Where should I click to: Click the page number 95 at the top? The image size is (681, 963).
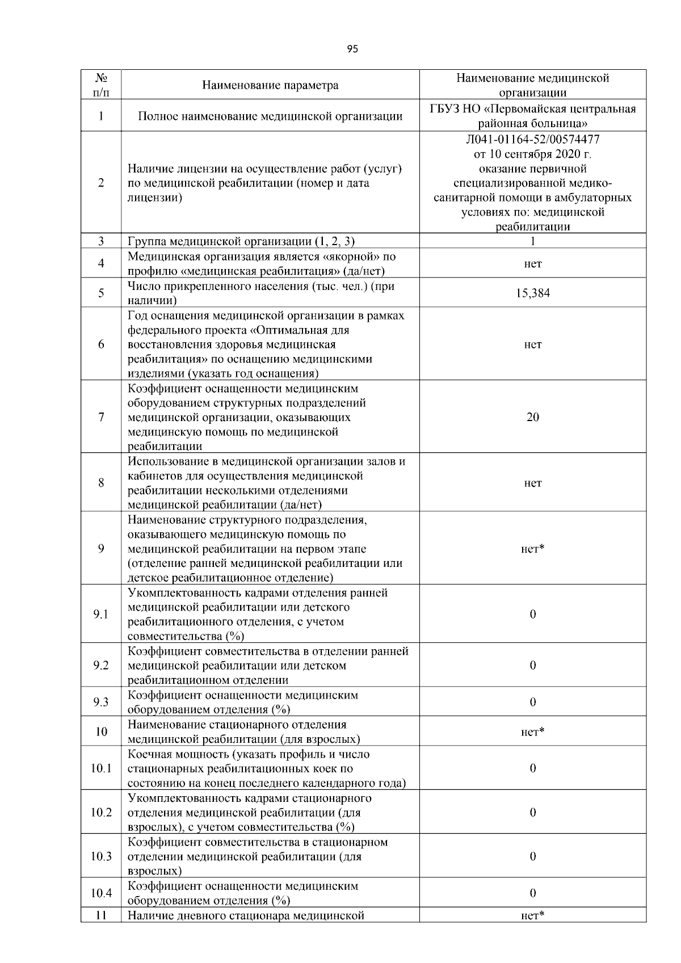coord(352,49)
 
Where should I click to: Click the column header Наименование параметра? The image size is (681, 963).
coord(270,86)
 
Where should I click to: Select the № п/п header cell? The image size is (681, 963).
coord(101,85)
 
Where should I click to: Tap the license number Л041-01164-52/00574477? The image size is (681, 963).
coord(532,139)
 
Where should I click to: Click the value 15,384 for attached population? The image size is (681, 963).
coord(532,293)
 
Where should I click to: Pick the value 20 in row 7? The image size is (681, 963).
coord(532,418)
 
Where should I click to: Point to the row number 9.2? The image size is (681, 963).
coord(101,666)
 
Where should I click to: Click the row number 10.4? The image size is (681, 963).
coord(101,894)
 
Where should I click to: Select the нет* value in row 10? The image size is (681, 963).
coord(532,732)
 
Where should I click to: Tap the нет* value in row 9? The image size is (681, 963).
coord(532,549)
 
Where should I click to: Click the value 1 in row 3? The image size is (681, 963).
coord(532,241)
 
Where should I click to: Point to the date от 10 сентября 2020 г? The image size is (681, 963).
coord(532,154)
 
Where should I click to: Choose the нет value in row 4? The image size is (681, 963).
coord(532,264)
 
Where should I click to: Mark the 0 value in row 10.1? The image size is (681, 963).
coord(532,769)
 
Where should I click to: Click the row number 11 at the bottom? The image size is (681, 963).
coord(101,915)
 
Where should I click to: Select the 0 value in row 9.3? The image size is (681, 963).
coord(532,703)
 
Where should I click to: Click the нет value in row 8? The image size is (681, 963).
coord(532,483)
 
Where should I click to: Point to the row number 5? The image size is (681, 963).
coord(101,293)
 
